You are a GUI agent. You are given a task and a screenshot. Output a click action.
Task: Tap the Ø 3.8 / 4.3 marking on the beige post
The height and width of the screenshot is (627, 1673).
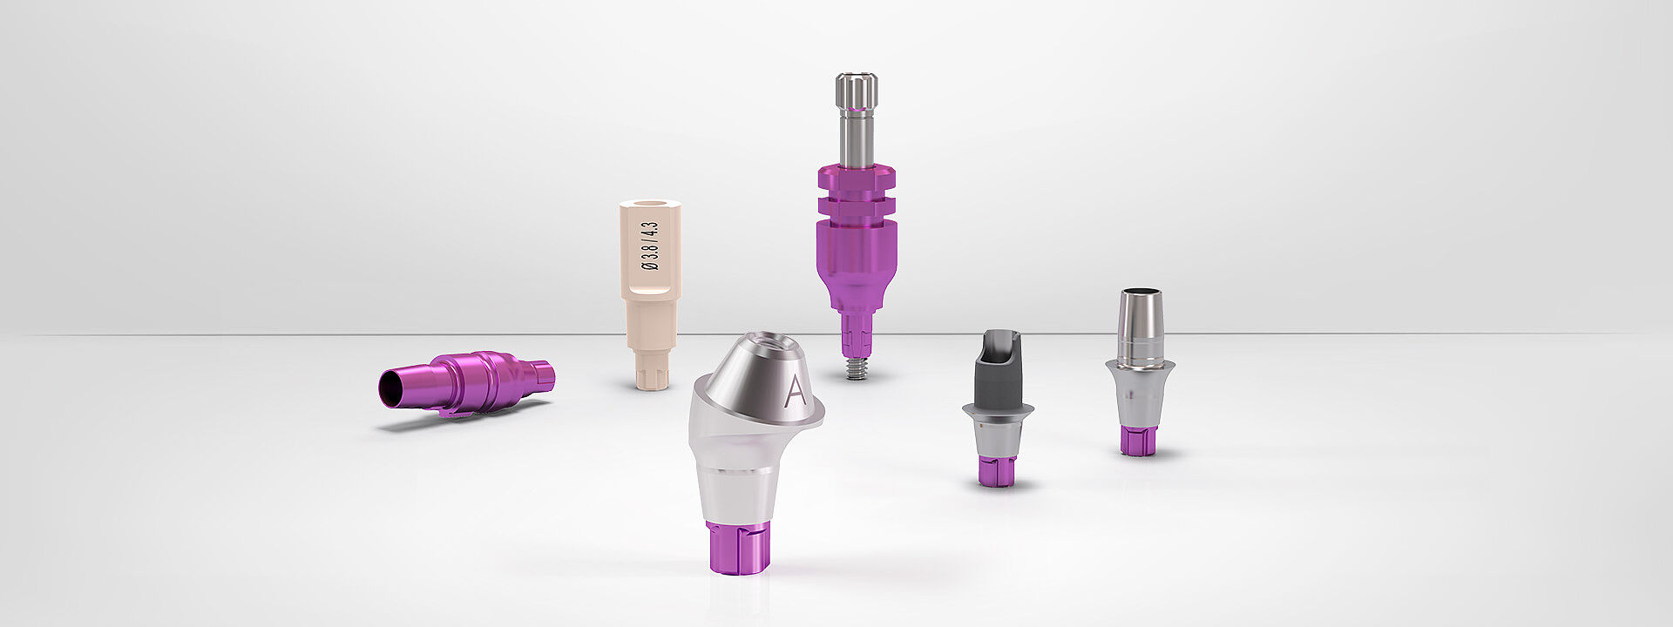[649, 246]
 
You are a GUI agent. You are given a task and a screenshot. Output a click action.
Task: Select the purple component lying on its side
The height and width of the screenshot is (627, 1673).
[466, 383]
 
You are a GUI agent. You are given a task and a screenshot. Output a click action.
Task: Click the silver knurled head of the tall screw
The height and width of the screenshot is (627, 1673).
[857, 91]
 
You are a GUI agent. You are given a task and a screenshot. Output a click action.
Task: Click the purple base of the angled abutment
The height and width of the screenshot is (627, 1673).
[737, 547]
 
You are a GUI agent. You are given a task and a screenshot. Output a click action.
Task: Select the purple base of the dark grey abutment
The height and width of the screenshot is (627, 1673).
[997, 471]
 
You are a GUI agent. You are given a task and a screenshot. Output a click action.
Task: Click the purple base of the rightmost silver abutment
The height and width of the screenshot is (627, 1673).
[1139, 440]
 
